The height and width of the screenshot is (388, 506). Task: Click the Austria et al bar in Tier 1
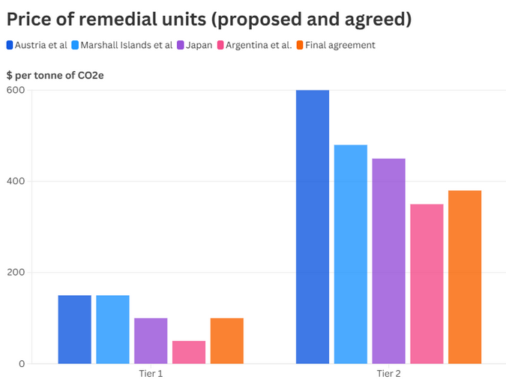pyautogui.click(x=74, y=330)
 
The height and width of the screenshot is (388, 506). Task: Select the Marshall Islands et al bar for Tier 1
pyautogui.click(x=112, y=330)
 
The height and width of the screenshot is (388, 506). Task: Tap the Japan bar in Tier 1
pyautogui.click(x=151, y=341)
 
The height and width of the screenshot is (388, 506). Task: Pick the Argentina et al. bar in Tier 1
pyautogui.click(x=189, y=352)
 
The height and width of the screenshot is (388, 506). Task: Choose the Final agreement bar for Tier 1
pyautogui.click(x=227, y=341)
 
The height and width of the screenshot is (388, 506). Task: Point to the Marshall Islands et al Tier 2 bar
pyautogui.click(x=351, y=255)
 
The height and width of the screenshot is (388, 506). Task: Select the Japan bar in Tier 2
pyautogui.click(x=388, y=261)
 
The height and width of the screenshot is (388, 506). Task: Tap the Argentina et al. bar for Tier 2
pyautogui.click(x=427, y=284)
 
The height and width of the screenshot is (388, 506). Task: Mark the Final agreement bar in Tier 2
pyautogui.click(x=465, y=277)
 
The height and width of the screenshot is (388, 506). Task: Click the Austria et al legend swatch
pyautogui.click(x=10, y=45)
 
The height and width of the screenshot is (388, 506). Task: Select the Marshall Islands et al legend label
pyautogui.click(x=127, y=45)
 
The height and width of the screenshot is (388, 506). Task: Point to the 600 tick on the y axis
pyautogui.click(x=16, y=91)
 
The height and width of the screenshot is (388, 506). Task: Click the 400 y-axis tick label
pyautogui.click(x=16, y=182)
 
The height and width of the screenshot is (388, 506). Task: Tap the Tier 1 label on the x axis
pyautogui.click(x=151, y=373)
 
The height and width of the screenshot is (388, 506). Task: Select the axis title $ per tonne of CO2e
pyautogui.click(x=50, y=75)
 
